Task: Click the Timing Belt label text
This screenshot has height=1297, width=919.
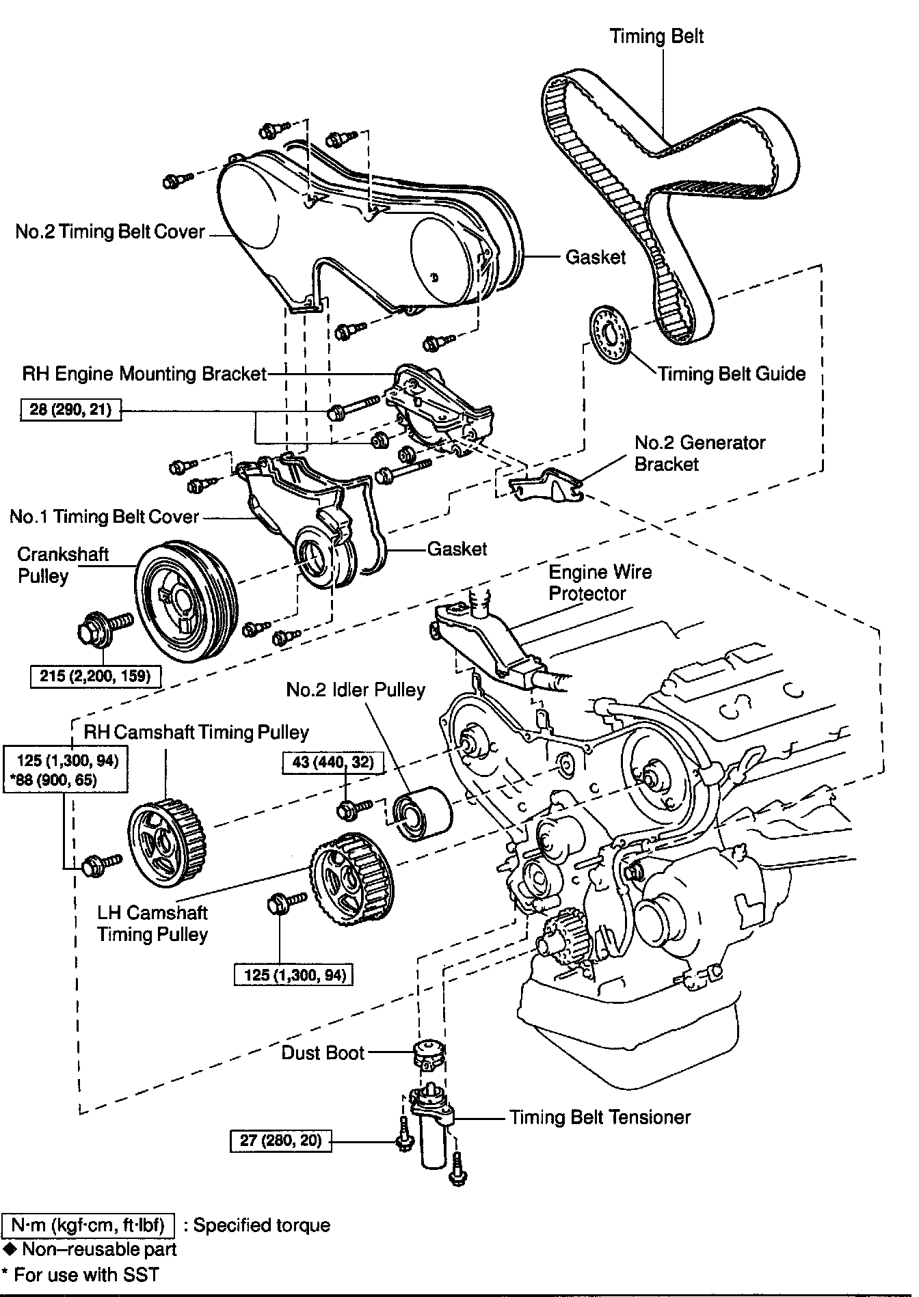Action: click(x=656, y=36)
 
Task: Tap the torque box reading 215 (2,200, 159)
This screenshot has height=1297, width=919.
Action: click(x=95, y=676)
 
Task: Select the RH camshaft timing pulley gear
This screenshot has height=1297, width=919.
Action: click(x=168, y=845)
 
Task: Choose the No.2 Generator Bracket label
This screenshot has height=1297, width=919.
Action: click(x=700, y=453)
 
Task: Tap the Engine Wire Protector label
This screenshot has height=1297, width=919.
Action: click(x=600, y=582)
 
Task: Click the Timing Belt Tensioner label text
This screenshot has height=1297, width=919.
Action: click(x=600, y=1117)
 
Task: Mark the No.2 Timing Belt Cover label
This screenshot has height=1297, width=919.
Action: click(x=110, y=232)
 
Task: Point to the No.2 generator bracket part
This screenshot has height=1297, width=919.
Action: click(x=544, y=484)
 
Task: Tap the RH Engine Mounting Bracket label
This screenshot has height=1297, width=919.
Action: click(x=144, y=374)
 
